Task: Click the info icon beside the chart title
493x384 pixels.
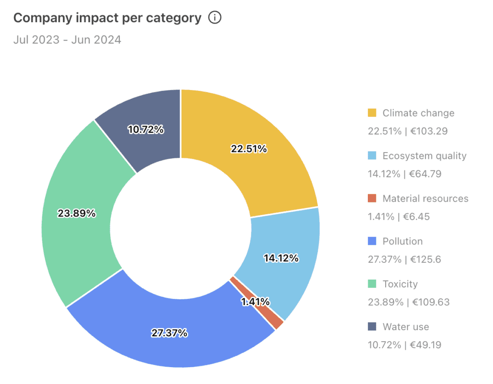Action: click(x=215, y=18)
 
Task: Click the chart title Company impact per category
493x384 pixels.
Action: click(x=107, y=18)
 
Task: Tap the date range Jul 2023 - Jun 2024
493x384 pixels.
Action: click(x=67, y=39)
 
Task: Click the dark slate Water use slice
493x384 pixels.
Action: click(x=144, y=125)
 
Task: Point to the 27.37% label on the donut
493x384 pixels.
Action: click(x=169, y=333)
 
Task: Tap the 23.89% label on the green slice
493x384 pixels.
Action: click(x=77, y=213)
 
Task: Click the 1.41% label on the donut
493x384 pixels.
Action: click(x=255, y=302)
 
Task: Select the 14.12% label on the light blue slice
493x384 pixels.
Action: click(x=281, y=258)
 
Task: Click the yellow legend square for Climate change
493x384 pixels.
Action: click(x=372, y=113)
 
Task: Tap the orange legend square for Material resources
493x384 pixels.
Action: click(x=372, y=198)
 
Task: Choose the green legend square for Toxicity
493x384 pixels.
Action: click(x=372, y=284)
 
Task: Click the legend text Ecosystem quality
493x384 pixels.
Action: click(x=424, y=156)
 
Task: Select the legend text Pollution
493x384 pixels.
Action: click(x=402, y=241)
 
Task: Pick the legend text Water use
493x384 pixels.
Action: click(x=405, y=327)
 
